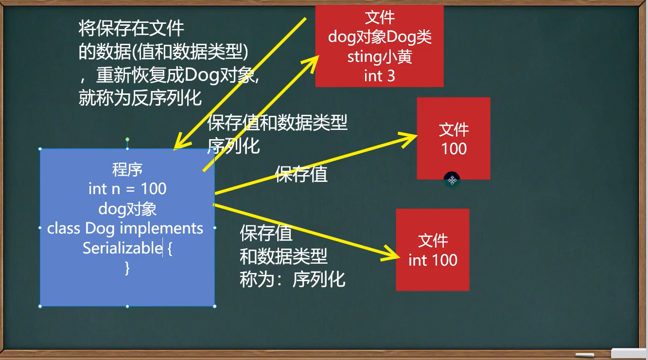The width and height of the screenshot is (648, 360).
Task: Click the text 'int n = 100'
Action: (127, 189)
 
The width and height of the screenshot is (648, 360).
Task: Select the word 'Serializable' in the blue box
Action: (123, 248)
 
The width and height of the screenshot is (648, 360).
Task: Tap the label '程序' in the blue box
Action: (127, 170)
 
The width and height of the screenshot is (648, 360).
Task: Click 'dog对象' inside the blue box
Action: (127, 209)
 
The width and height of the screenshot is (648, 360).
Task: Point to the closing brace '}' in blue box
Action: (127, 268)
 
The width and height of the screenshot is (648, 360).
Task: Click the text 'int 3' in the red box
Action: (380, 76)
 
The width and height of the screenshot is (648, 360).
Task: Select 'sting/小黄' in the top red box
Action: (380, 57)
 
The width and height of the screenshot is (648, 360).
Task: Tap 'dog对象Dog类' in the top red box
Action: (380, 37)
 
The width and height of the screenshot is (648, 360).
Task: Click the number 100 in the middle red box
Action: (454, 149)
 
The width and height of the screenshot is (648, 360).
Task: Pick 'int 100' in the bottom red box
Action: (433, 260)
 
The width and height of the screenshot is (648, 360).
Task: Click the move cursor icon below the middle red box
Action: (452, 180)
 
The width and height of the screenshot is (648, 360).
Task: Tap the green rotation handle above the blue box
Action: (127, 140)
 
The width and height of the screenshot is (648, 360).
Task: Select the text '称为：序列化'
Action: (293, 279)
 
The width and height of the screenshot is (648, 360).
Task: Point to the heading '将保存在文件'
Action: (131, 28)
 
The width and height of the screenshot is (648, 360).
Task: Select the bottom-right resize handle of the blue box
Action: (215, 306)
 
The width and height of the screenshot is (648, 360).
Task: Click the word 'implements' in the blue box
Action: (161, 228)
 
